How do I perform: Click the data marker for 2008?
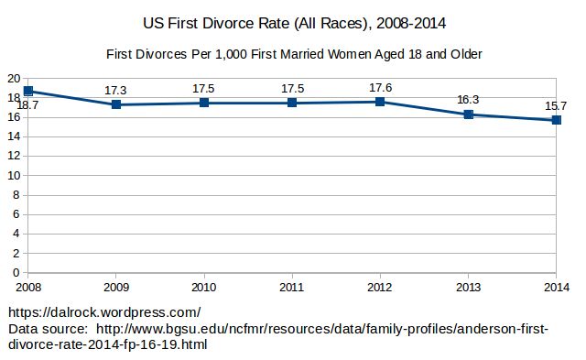[x=28, y=91]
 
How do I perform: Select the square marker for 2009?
[x=116, y=104]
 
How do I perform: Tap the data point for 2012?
[x=380, y=102]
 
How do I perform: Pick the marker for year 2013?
[x=468, y=115]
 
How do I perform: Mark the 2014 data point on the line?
[x=557, y=120]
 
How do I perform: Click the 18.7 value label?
[x=27, y=105]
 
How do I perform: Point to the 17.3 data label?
[x=115, y=91]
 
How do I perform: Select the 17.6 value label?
[x=381, y=88]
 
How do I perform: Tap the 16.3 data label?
[x=468, y=100]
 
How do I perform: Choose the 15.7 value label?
[x=556, y=106]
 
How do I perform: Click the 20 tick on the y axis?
[x=14, y=79]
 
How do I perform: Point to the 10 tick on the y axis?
[x=14, y=175]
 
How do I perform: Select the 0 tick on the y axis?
[x=16, y=273]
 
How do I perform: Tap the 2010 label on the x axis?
[x=203, y=287]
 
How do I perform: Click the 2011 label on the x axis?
[x=292, y=287]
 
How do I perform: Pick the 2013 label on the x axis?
[x=468, y=287]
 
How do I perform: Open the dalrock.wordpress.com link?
[x=104, y=312]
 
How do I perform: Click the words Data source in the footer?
[x=48, y=329]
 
